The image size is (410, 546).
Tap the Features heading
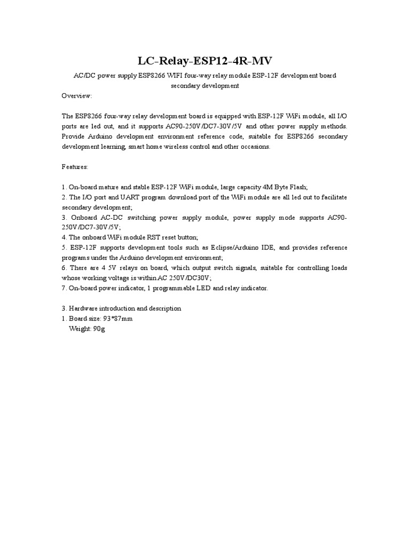(75, 167)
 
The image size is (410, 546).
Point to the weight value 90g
(99, 329)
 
